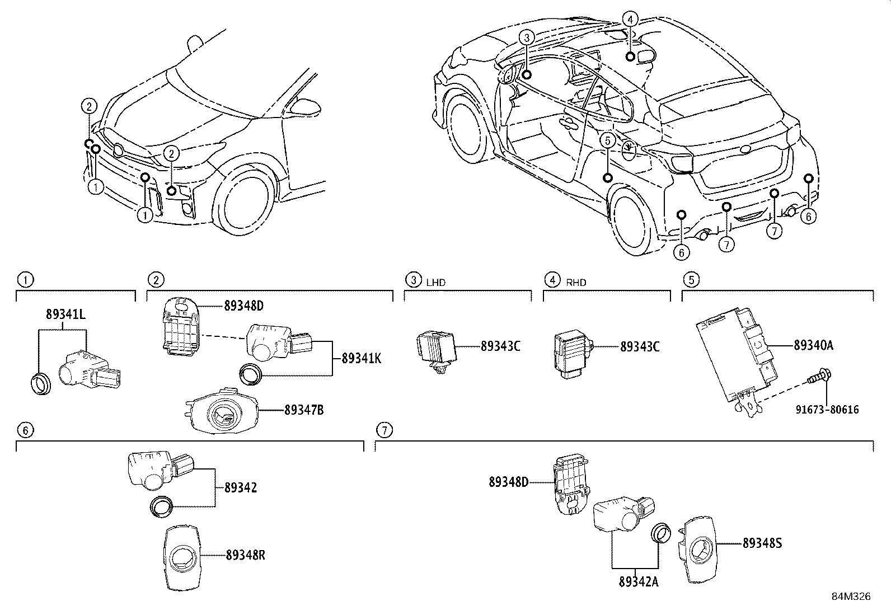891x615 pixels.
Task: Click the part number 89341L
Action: click(65, 315)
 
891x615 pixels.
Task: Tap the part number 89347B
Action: click(303, 410)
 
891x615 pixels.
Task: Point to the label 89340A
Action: click(813, 345)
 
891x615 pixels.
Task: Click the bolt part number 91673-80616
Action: click(827, 410)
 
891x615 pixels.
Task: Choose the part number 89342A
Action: click(638, 581)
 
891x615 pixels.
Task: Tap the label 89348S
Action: click(762, 543)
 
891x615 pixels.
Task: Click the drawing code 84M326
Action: click(850, 597)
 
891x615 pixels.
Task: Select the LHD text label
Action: click(435, 283)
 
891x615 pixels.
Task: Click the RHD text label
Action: click(576, 283)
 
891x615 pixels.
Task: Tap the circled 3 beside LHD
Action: click(412, 279)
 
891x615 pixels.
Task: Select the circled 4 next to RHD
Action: click(552, 279)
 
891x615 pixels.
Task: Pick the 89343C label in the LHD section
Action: click(500, 346)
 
